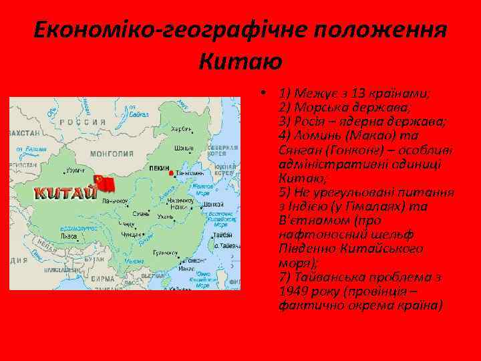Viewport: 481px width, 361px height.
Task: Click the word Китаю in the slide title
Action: click(240, 62)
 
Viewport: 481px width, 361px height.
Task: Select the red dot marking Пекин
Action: click(172, 174)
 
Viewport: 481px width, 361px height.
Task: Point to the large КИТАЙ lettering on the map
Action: click(65, 194)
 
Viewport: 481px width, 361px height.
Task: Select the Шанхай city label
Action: click(212, 204)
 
